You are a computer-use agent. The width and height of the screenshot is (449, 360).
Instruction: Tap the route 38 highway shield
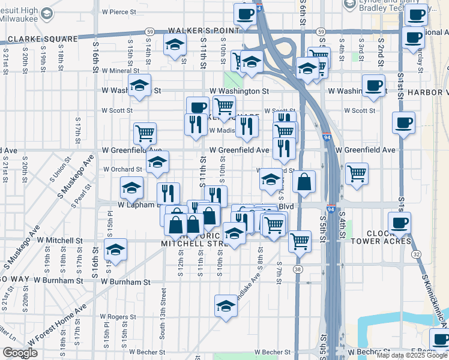point(298,270)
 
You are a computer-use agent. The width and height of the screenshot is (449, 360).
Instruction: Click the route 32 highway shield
point(415,254)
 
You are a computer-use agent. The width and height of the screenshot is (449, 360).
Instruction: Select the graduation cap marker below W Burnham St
point(226,305)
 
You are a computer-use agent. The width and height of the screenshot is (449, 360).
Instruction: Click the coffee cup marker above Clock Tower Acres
point(399,222)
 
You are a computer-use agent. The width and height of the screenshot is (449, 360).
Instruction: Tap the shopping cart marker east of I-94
point(357,173)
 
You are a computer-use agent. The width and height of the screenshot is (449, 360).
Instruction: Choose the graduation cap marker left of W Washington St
point(139,86)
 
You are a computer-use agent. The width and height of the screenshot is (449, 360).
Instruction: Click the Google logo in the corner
point(20,353)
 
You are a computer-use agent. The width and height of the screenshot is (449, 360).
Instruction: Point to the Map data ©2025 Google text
point(412,355)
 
